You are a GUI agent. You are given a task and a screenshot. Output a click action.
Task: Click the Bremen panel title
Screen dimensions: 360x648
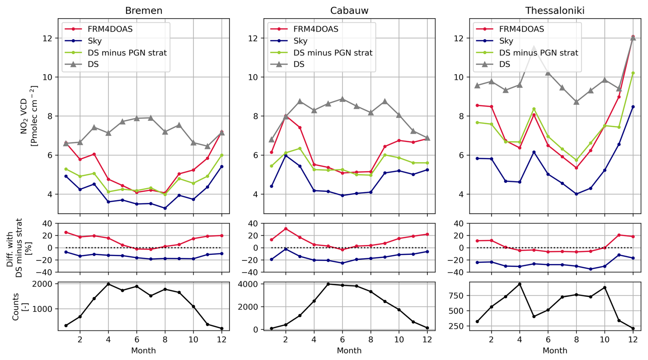click(144, 11)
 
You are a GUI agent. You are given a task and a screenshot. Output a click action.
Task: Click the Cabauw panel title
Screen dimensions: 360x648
click(349, 11)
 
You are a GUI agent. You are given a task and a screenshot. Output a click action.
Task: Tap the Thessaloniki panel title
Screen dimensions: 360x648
click(555, 11)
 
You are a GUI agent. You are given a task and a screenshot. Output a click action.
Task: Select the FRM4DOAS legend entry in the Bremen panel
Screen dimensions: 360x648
click(110, 29)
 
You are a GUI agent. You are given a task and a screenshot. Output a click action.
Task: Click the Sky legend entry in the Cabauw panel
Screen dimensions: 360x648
click(300, 41)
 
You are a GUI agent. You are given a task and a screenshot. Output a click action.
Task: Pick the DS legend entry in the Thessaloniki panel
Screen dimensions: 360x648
click(504, 64)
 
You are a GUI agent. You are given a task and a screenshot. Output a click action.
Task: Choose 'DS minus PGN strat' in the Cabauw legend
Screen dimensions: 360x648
click(333, 53)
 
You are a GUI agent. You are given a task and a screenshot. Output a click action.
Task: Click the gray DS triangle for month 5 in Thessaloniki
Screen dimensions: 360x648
click(534, 48)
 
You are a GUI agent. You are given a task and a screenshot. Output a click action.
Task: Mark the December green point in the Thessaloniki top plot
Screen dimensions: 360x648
click(633, 73)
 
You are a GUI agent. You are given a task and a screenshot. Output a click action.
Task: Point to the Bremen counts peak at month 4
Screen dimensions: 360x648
click(108, 284)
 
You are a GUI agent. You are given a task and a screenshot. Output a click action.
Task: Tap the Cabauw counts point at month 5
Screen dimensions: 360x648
click(328, 284)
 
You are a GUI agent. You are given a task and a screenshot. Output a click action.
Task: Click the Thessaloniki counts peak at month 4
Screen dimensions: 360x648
click(520, 284)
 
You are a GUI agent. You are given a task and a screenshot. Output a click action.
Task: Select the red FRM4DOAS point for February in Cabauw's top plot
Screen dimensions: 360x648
click(286, 116)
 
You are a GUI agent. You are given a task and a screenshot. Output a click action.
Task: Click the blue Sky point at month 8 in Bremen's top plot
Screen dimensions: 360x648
click(165, 208)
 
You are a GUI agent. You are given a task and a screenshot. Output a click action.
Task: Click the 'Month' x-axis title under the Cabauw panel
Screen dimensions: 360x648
click(349, 350)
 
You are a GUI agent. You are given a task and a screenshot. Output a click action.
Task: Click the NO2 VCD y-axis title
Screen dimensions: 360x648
click(29, 116)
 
